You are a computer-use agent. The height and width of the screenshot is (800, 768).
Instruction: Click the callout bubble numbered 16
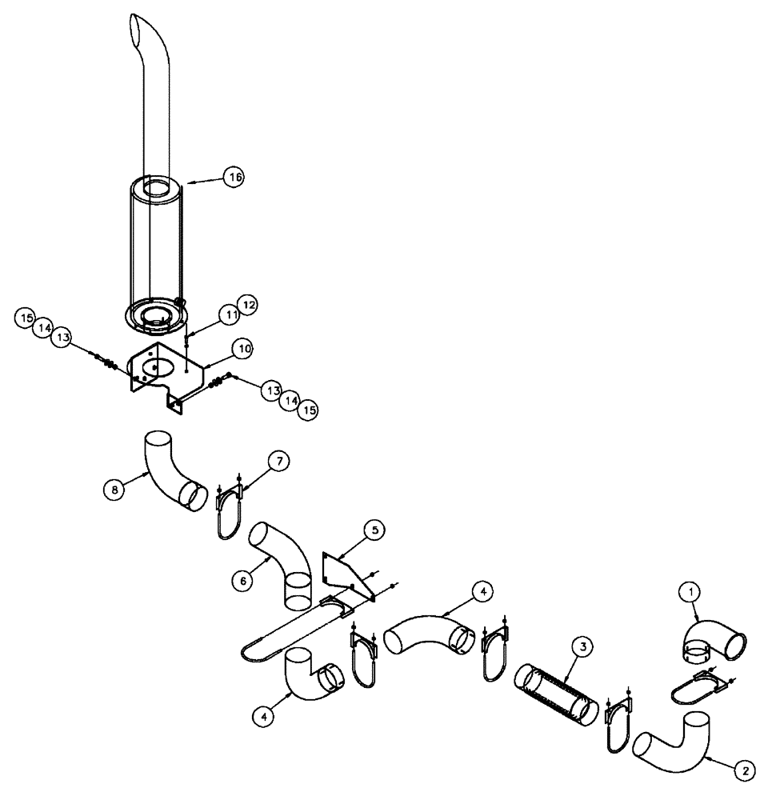tap(233, 178)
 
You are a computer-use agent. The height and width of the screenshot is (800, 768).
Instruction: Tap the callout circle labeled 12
tap(249, 304)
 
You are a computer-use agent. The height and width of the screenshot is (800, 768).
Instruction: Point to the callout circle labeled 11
tap(232, 315)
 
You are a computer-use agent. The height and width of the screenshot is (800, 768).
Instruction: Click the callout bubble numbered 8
tap(117, 490)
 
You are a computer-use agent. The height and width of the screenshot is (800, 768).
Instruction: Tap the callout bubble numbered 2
tap(744, 770)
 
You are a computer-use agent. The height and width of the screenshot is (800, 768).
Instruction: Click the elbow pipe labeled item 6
tap(283, 559)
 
